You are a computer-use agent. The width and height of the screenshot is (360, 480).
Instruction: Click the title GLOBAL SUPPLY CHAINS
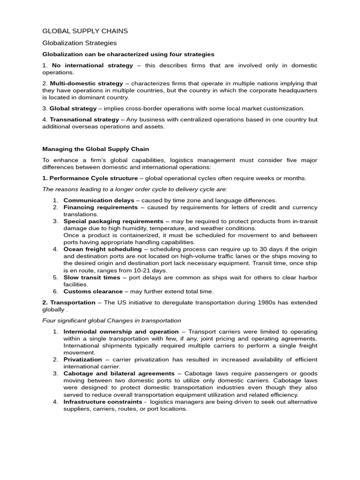tap(85, 31)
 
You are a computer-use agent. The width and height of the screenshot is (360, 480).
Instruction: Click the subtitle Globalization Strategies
tap(79, 43)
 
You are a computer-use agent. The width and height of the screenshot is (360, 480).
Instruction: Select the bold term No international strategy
tap(86, 66)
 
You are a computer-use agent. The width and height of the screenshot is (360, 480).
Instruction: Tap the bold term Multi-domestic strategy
tap(86, 83)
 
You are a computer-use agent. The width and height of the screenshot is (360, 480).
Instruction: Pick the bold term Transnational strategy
tap(84, 120)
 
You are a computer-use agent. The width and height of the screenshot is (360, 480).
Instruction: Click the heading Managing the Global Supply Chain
tap(96, 149)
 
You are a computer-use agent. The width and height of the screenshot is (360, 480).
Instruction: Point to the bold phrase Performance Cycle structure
tap(94, 178)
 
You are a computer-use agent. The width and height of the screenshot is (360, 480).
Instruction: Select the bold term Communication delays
tap(93, 200)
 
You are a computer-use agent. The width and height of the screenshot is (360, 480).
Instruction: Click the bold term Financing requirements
tap(100, 207)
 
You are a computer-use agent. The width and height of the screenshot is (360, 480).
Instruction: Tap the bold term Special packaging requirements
tap(113, 221)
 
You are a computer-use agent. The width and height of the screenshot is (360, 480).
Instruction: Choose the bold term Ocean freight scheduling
tap(102, 249)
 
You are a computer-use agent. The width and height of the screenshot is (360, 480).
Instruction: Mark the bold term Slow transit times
tap(92, 277)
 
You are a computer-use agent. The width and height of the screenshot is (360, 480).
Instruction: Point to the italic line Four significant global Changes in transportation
tap(112, 321)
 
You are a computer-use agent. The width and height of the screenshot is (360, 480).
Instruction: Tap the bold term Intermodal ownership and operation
tap(121, 331)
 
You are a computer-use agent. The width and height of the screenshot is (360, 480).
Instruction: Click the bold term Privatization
tap(82, 360)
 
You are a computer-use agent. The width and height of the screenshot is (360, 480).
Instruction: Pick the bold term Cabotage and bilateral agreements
tap(119, 374)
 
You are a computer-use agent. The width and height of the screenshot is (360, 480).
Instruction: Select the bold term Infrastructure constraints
tap(103, 402)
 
